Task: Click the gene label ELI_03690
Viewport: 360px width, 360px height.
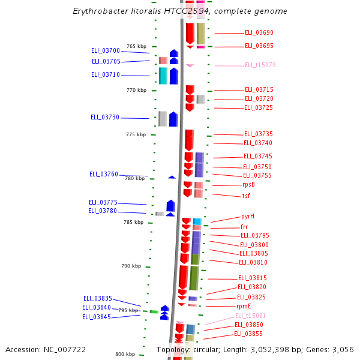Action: coord(259,33)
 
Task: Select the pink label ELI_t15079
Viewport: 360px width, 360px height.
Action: coord(260,65)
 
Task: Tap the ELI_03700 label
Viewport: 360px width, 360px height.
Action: coord(106,51)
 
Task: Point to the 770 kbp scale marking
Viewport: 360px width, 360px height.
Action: coord(136,90)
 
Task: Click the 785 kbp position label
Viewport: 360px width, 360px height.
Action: coord(134,222)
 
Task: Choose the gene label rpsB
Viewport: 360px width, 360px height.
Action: coord(248,185)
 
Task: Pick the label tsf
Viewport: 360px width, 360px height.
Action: coord(246,196)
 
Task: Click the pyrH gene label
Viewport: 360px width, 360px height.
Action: coord(248,216)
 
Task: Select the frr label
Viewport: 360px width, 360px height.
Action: coord(244,227)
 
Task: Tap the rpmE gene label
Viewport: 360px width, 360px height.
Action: coord(244,306)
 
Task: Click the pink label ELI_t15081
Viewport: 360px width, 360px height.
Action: coord(250,316)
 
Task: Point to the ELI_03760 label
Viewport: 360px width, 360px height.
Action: coord(104,174)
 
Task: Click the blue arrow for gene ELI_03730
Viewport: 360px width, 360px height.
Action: coord(173,119)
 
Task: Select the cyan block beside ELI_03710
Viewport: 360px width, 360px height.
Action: coord(163,76)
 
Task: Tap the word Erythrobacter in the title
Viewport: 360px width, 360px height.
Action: coord(99,11)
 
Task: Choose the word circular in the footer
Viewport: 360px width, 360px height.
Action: coord(211,349)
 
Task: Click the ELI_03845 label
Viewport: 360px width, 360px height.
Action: coord(97,317)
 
